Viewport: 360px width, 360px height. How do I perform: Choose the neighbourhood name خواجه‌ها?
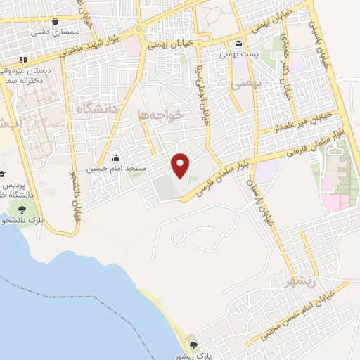click(x=161, y=114)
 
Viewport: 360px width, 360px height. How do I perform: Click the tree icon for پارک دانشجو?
click(x=21, y=209)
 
